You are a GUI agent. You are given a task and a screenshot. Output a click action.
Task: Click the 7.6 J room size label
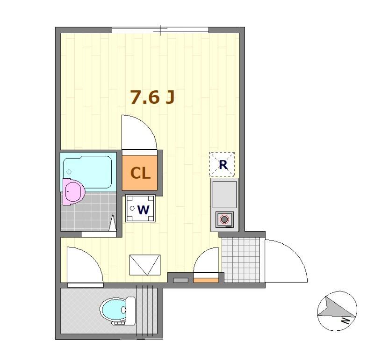tap(152, 97)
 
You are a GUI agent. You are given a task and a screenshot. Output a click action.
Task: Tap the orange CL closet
tap(140, 173)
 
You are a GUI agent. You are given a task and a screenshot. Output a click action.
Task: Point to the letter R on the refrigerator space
tap(223, 165)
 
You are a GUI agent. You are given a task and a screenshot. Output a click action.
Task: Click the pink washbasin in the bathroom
tap(73, 191)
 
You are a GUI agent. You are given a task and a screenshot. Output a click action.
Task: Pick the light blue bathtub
tap(88, 171)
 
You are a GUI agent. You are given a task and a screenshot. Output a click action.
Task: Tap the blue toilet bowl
tap(112, 309)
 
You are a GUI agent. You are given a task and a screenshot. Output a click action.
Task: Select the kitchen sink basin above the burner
tap(225, 194)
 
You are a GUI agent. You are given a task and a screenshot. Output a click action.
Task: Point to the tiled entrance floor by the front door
tap(240, 259)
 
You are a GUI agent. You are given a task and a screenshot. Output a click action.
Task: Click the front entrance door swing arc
tap(285, 260)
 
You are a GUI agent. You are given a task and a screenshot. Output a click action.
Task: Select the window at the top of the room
tap(160, 30)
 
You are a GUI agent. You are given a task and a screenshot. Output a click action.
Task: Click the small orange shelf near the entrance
tap(206, 280)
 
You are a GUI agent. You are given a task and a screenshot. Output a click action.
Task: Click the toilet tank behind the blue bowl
tap(130, 310)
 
